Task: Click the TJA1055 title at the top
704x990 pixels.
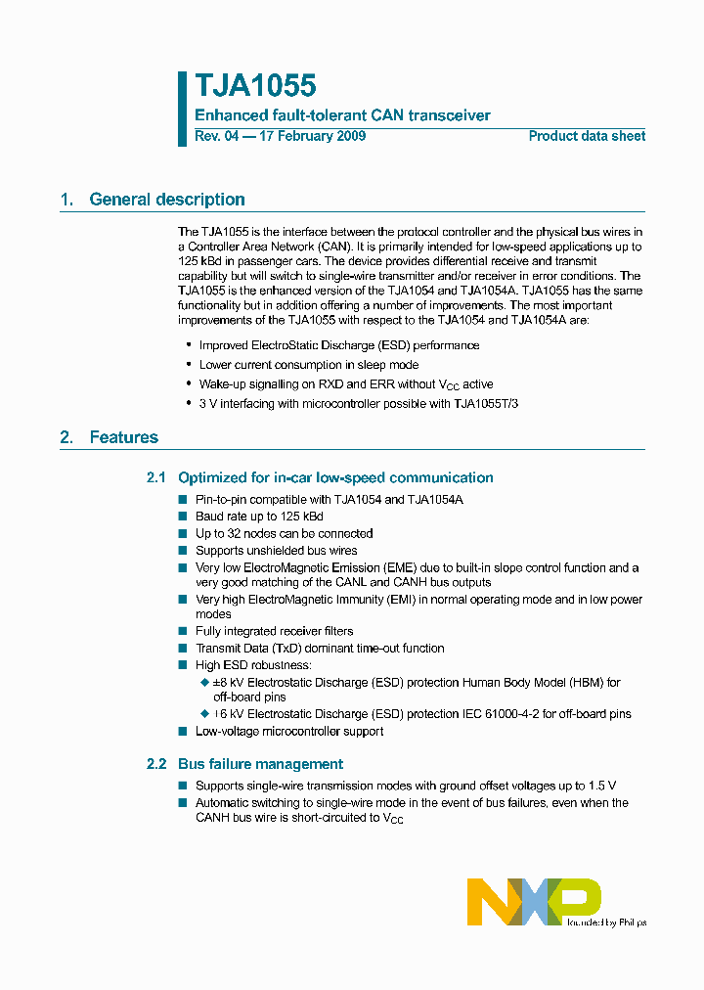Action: (x=255, y=87)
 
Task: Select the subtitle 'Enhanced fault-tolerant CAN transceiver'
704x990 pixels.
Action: (x=342, y=115)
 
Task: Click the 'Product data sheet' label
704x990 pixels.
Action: (x=587, y=136)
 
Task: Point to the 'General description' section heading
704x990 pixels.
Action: (x=166, y=200)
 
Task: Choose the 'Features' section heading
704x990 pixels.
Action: (x=123, y=437)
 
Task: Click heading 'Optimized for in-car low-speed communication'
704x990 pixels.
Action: (x=335, y=477)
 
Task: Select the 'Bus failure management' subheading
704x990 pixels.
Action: (x=260, y=763)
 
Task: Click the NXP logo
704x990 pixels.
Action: (x=534, y=901)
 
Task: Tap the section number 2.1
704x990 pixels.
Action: (x=156, y=477)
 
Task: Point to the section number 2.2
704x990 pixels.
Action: (x=156, y=763)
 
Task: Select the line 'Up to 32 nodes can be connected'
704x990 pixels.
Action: (x=284, y=533)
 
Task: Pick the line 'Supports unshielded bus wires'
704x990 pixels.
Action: (x=276, y=550)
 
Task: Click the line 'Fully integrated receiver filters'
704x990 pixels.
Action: (x=274, y=631)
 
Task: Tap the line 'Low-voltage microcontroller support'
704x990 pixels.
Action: (x=289, y=731)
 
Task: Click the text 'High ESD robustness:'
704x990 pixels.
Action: (x=253, y=665)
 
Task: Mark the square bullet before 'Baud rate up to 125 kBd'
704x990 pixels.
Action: (x=183, y=517)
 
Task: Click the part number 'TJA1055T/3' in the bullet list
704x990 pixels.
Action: (x=486, y=403)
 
